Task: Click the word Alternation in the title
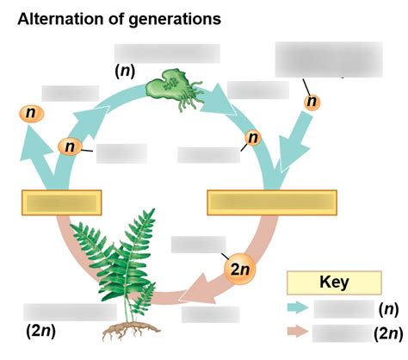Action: pyautogui.click(x=60, y=19)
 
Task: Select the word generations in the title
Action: pyautogui.click(x=175, y=20)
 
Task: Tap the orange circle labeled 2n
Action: pyautogui.click(x=240, y=269)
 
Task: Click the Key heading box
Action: pyautogui.click(x=334, y=282)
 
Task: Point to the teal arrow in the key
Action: pyautogui.click(x=298, y=307)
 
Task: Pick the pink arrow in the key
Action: pyautogui.click(x=298, y=331)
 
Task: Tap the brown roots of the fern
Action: pyautogui.click(x=131, y=331)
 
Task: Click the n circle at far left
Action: pyautogui.click(x=32, y=114)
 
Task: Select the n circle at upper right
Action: pyautogui.click(x=312, y=102)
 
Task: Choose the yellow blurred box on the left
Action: pyautogui.click(x=62, y=202)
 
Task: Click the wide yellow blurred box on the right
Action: pyautogui.click(x=272, y=202)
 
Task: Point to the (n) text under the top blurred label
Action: pyautogui.click(x=125, y=71)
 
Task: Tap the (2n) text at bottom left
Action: pyautogui.click(x=40, y=332)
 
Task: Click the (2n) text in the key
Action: pyautogui.click(x=388, y=333)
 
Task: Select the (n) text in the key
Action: pyautogui.click(x=388, y=309)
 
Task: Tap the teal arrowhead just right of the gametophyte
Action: pyautogui.click(x=219, y=100)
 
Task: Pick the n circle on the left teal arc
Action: pyautogui.click(x=70, y=146)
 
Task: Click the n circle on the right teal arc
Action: pyautogui.click(x=253, y=138)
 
